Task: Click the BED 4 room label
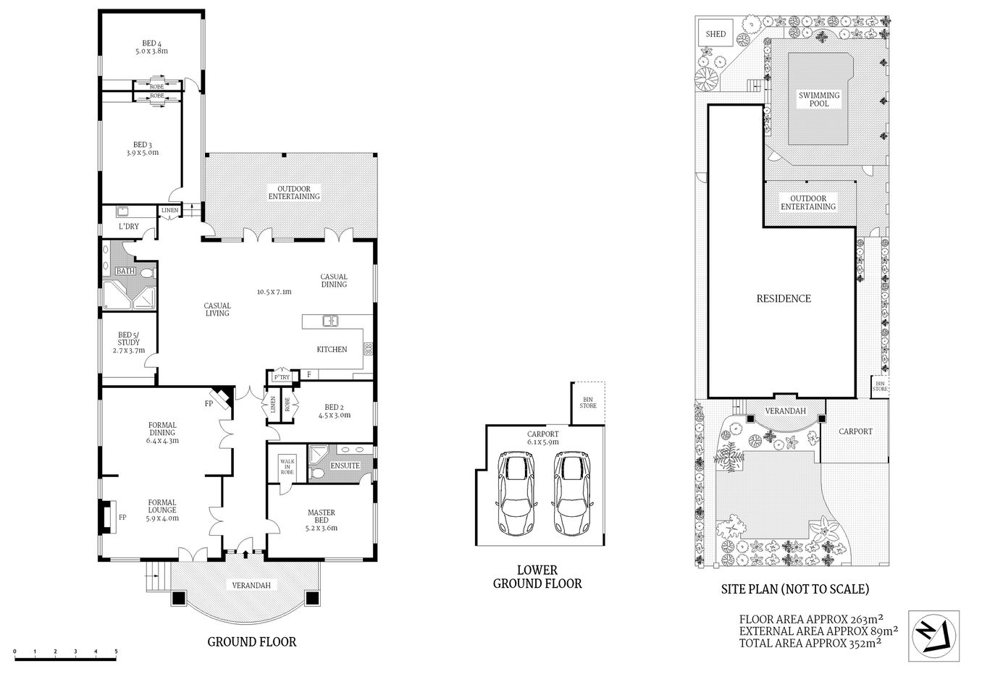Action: point(151,42)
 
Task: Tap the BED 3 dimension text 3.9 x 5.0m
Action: point(142,153)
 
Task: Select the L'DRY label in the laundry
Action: point(128,227)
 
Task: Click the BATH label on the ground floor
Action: point(126,271)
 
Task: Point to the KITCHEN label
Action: point(332,350)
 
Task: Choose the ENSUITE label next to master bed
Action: point(345,466)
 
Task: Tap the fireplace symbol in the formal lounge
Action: point(106,517)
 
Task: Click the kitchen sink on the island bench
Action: point(330,320)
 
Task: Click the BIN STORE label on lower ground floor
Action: point(587,401)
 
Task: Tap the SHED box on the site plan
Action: point(715,34)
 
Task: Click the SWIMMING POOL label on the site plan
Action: point(819,99)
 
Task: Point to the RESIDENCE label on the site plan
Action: point(784,298)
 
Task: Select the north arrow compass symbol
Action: point(933,636)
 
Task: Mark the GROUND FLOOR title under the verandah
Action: point(251,641)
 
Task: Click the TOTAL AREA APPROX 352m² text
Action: point(810,641)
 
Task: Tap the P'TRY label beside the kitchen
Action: point(281,377)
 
